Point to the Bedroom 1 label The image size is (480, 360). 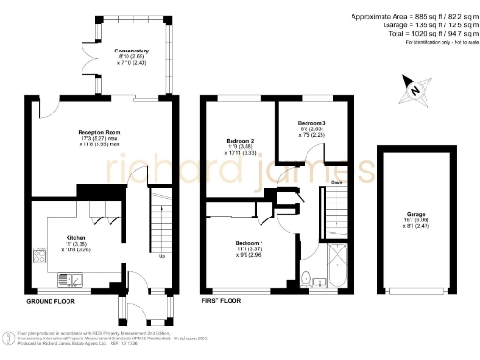coord(248,242)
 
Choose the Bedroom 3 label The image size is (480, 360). coord(312,123)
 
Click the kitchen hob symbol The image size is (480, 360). coord(39,254)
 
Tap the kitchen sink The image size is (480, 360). coord(70,277)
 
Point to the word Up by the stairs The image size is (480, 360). coord(162,256)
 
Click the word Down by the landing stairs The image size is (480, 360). coord(336,183)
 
